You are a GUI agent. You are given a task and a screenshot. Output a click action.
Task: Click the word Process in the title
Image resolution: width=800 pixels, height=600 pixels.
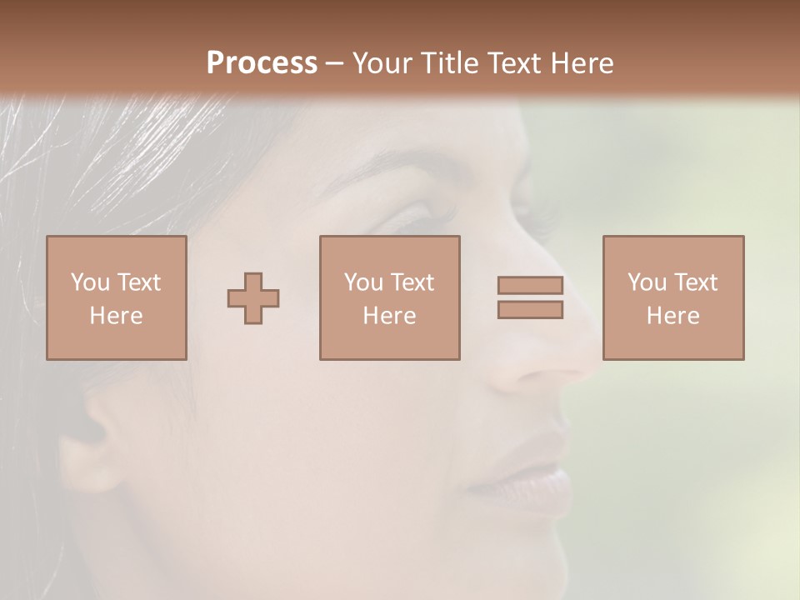pos(262,63)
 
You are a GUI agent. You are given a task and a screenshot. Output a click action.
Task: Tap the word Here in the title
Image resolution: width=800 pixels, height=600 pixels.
pos(580,63)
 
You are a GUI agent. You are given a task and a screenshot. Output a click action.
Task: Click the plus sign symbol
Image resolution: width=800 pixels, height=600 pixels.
pos(253,298)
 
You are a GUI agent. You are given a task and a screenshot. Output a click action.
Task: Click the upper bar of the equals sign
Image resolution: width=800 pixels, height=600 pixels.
pos(530,286)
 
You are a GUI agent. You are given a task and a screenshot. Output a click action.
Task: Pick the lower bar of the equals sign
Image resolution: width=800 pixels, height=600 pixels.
pos(530,310)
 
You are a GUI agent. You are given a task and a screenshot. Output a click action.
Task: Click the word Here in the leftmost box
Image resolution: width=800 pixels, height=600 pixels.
pos(116,316)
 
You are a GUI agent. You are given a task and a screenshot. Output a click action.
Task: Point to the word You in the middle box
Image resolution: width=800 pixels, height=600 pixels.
pos(363,282)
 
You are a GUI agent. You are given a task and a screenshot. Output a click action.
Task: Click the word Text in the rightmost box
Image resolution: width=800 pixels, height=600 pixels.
pos(694,282)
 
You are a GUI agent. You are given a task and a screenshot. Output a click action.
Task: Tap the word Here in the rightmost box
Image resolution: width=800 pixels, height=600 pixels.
pos(672,316)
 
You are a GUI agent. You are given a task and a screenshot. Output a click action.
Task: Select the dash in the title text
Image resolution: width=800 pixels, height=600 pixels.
pos(334,63)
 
